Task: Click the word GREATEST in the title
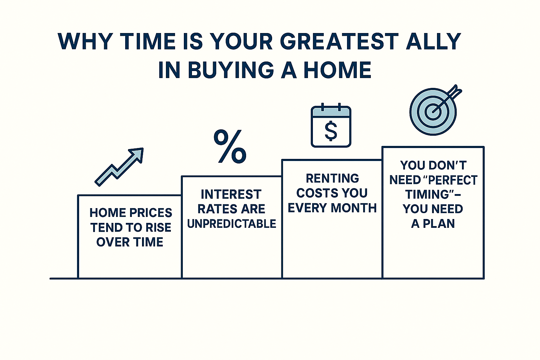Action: tap(339, 41)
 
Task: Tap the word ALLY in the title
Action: tap(433, 41)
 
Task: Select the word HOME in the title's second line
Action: tap(337, 70)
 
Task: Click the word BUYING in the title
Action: tap(231, 70)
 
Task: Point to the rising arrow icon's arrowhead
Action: tap(137, 154)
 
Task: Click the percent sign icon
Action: tap(230, 146)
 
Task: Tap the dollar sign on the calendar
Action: tap(331, 131)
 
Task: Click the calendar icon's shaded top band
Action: tap(331, 112)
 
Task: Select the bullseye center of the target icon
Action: tap(433, 112)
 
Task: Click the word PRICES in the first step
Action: tap(151, 213)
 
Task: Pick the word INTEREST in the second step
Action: tap(231, 194)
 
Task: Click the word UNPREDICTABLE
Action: tap(232, 224)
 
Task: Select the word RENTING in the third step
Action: tap(333, 179)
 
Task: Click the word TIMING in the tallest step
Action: tap(426, 194)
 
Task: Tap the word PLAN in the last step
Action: tap(439, 224)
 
